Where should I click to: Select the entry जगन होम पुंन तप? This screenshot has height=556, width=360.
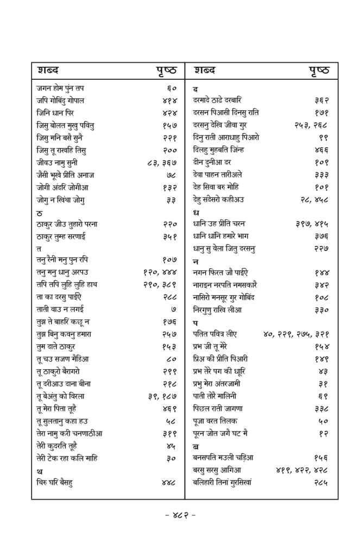(60, 88)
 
